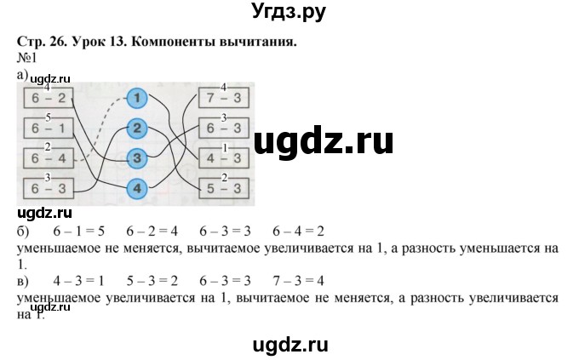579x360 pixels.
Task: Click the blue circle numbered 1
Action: click(x=138, y=100)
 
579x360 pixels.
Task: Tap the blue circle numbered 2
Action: click(x=138, y=129)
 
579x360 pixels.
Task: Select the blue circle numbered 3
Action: click(x=138, y=158)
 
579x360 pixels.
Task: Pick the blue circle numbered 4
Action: click(x=138, y=188)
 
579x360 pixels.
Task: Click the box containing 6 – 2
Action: click(x=49, y=99)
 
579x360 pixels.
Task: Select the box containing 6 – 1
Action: click(x=49, y=129)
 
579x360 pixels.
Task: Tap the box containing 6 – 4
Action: click(x=49, y=158)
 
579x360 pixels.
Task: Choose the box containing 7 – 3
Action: click(x=222, y=99)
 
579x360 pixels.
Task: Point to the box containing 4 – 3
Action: click(x=222, y=158)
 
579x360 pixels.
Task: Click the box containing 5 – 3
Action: click(x=222, y=188)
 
